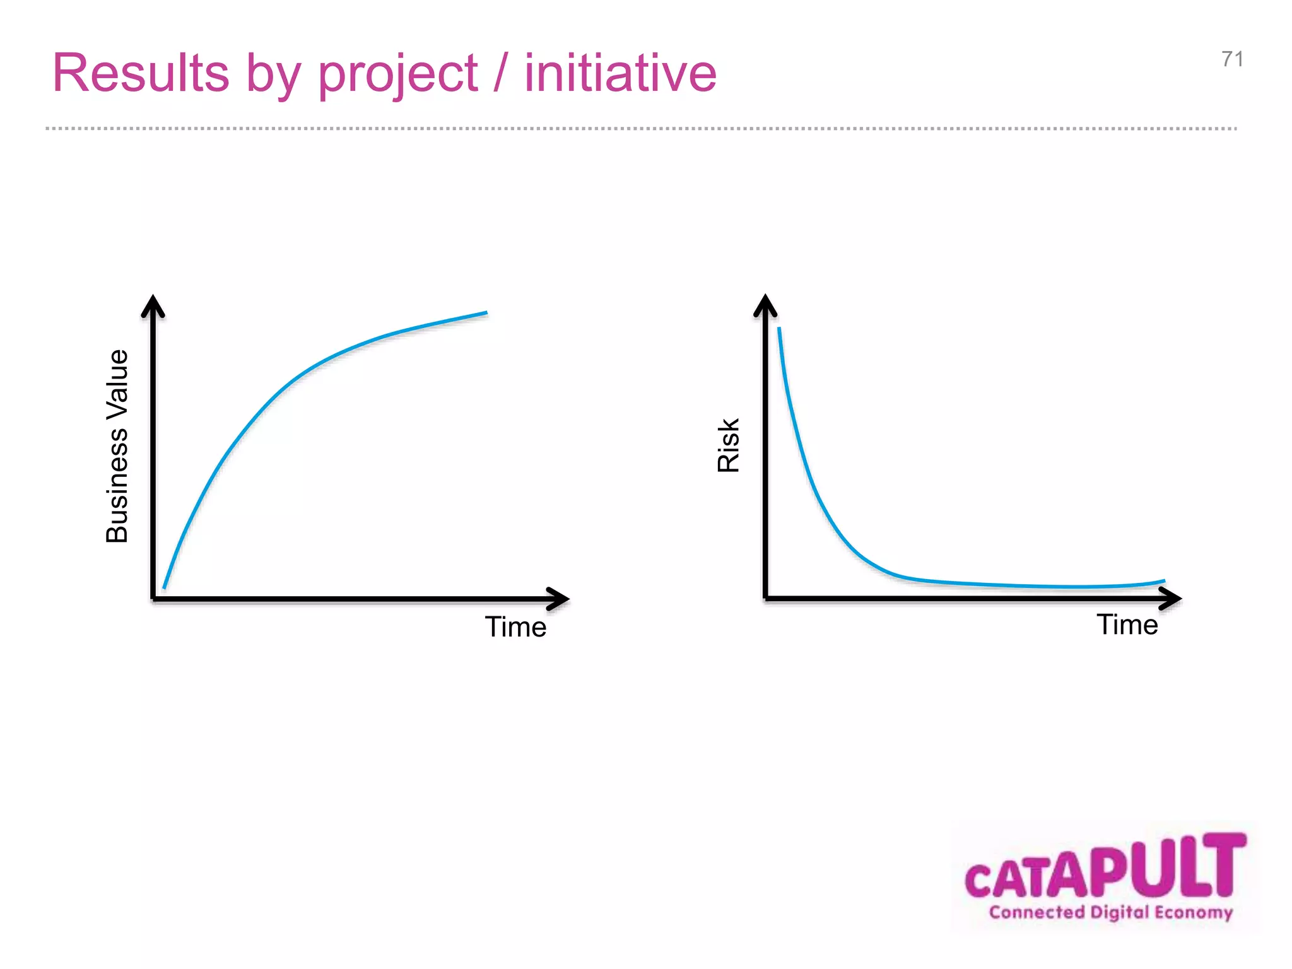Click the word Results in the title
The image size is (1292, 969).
pyautogui.click(x=140, y=73)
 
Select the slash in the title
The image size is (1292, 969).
pyautogui.click(x=501, y=74)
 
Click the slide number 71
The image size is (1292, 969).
pyautogui.click(x=1232, y=59)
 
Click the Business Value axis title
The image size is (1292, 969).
pyautogui.click(x=117, y=445)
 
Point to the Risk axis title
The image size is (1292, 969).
pyautogui.click(x=729, y=445)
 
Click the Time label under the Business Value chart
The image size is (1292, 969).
pyautogui.click(x=515, y=627)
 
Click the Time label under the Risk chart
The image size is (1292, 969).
pyautogui.click(x=1127, y=625)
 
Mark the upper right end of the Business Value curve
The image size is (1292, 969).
pyautogui.click(x=486, y=313)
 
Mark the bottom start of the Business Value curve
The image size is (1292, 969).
pyautogui.click(x=165, y=587)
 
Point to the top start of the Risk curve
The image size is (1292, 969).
pyautogui.click(x=779, y=329)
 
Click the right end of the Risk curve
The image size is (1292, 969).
pyautogui.click(x=1163, y=581)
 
